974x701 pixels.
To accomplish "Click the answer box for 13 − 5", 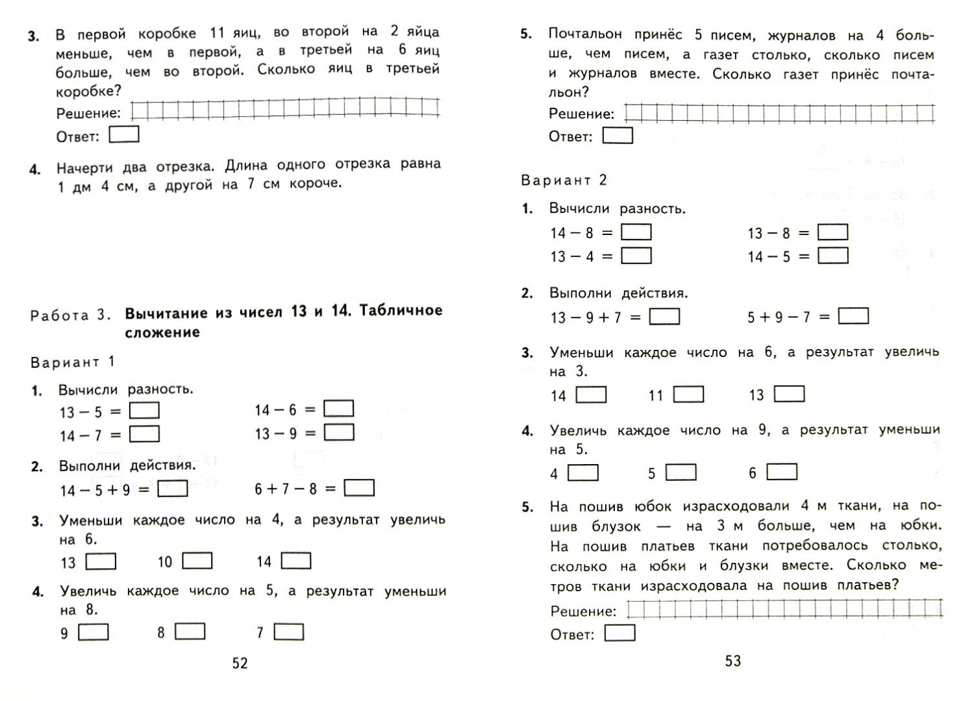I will [x=144, y=410].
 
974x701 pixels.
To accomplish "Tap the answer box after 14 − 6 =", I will [x=338, y=408].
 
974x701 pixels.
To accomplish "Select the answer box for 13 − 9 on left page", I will [x=338, y=432].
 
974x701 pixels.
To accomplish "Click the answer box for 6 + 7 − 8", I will [x=359, y=487].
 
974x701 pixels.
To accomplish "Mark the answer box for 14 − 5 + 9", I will [x=173, y=488].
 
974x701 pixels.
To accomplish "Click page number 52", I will [x=240, y=663].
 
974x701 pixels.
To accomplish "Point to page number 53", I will [x=732, y=661].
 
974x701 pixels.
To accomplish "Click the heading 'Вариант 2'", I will [x=564, y=180].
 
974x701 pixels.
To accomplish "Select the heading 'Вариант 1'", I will [x=72, y=362].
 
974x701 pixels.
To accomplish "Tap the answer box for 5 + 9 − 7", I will [x=853, y=316].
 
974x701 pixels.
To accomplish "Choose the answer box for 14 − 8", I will [x=636, y=232].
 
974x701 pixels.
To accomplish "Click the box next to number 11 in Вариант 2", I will [x=688, y=394].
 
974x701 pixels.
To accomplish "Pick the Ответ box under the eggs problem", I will [x=124, y=134].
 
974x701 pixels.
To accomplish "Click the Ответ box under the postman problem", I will [x=618, y=136].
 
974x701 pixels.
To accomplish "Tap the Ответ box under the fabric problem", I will [x=619, y=633].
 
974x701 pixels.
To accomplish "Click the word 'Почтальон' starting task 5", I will [x=585, y=34].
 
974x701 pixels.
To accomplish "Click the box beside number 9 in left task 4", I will [x=94, y=632].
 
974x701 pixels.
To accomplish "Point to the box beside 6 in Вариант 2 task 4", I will [x=782, y=472].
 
